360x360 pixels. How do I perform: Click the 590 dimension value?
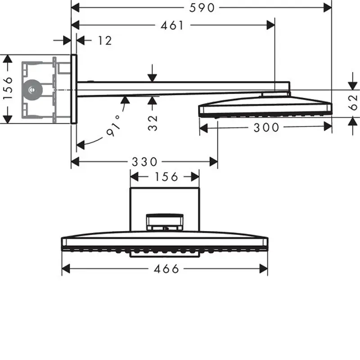pyautogui.click(x=202, y=8)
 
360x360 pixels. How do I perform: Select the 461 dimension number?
pyautogui.click(x=172, y=25)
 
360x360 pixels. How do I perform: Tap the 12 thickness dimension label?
pyautogui.click(x=105, y=40)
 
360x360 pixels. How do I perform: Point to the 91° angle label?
pyautogui.click(x=114, y=126)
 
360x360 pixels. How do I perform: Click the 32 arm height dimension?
pyautogui.click(x=153, y=123)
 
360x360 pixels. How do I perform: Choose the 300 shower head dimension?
pyautogui.click(x=266, y=127)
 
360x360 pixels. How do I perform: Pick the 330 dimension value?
pyautogui.click(x=144, y=162)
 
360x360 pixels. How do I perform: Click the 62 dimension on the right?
pyautogui.click(x=353, y=102)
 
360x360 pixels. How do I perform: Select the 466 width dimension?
pyautogui.click(x=166, y=269)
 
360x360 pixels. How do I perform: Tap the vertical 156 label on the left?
pyautogui.click(x=8, y=88)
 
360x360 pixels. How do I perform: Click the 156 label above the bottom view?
pyautogui.click(x=166, y=177)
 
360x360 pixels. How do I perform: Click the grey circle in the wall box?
pyautogui.click(x=32, y=90)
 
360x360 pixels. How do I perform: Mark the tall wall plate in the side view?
pyautogui.click(x=74, y=89)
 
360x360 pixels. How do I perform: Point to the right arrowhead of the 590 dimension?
pyautogui.click(x=328, y=8)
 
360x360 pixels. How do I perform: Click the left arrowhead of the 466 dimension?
pyautogui.click(x=66, y=269)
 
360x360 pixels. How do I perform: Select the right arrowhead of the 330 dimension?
pyautogui.click(x=213, y=162)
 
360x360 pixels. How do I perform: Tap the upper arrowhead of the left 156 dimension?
pyautogui.click(x=8, y=59)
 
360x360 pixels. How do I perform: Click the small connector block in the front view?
pyautogui.click(x=165, y=222)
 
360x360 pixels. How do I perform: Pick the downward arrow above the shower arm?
pyautogui.click(x=152, y=73)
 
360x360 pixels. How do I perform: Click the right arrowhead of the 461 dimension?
pyautogui.click(x=271, y=25)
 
